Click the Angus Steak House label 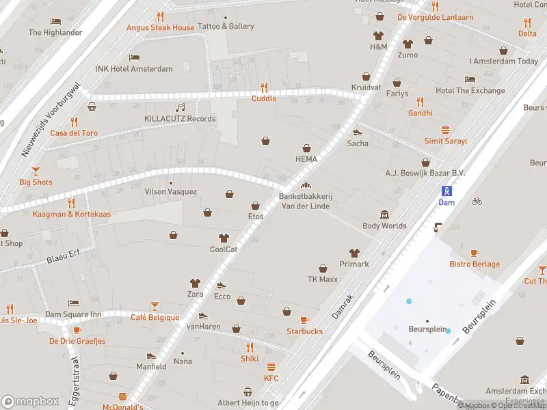pos(160,27)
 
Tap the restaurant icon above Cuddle pos(264,87)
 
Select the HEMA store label pos(307,159)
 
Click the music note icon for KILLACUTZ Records pos(181,107)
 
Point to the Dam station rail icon pos(446,191)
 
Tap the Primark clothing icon pos(354,253)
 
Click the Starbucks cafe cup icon pos(304,320)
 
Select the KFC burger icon pos(271,367)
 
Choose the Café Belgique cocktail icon pos(155,305)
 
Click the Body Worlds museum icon pos(384,215)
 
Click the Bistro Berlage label pos(474,264)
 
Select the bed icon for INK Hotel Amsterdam pos(135,57)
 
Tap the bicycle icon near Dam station pos(477,202)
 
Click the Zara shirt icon pos(196,282)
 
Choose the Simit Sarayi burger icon pos(446,129)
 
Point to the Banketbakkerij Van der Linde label pos(305,201)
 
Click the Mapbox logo pos(30,401)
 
